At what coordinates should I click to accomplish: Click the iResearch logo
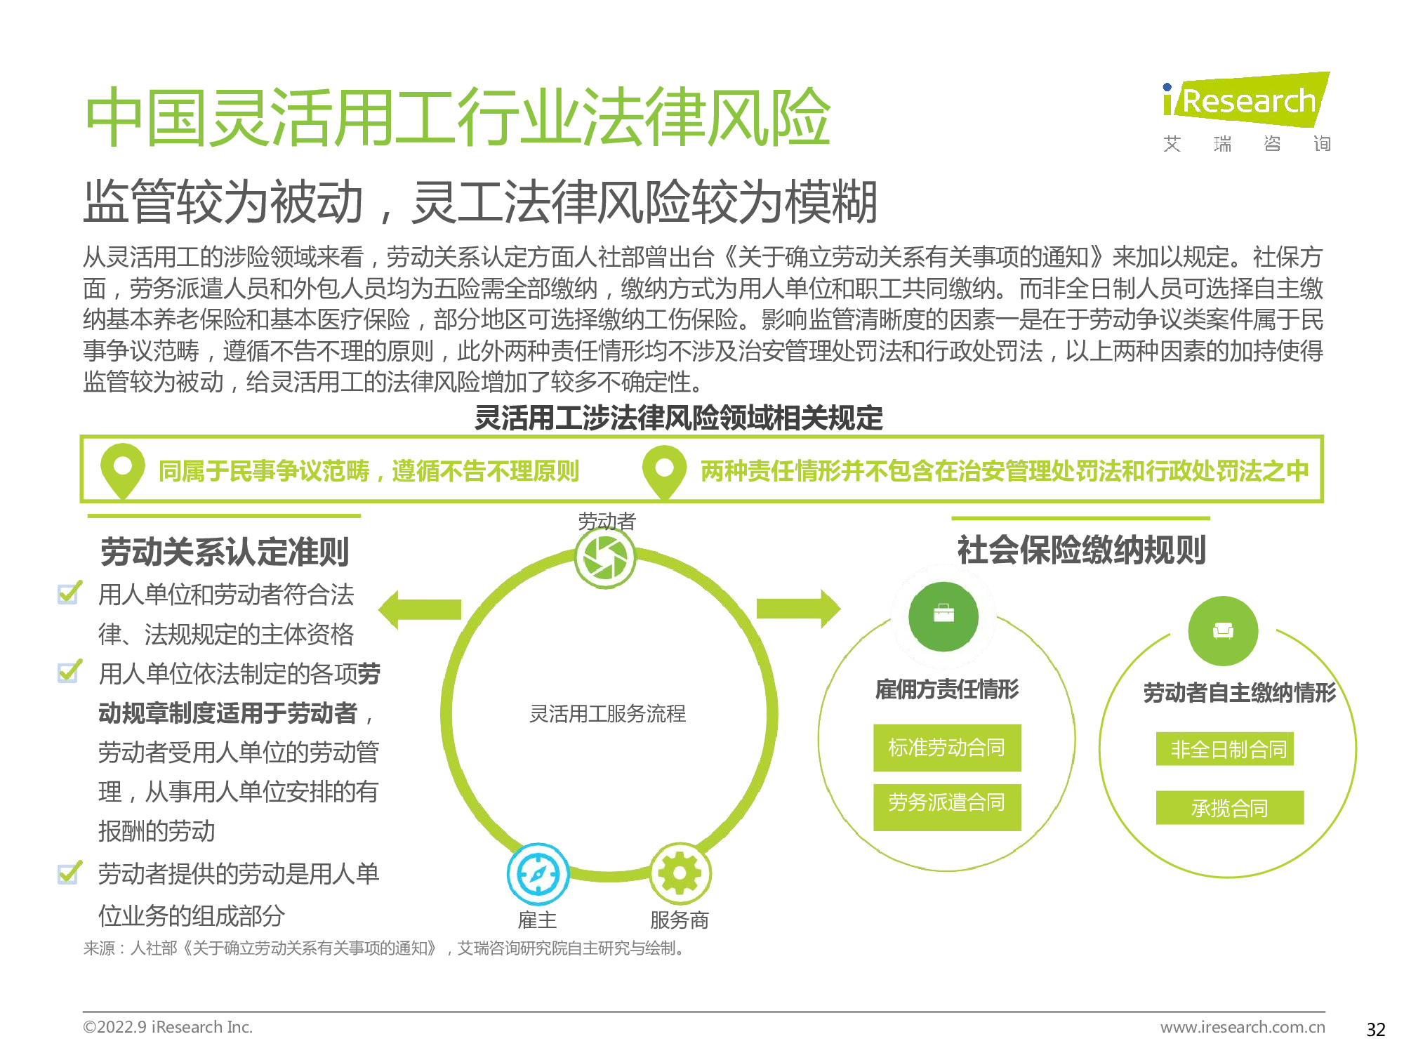pos(1246,112)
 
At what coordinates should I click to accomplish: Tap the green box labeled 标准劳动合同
pos(947,748)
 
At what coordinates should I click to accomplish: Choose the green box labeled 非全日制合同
pos(1225,749)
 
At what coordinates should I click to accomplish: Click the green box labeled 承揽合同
pos(1230,807)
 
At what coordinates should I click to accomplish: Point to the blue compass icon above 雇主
pos(538,874)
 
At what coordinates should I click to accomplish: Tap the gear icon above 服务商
pos(680,874)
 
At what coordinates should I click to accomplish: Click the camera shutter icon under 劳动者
pos(605,558)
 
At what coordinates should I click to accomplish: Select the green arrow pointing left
pos(420,609)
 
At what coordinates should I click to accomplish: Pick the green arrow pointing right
pos(799,608)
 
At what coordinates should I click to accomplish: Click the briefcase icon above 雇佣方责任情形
pos(943,616)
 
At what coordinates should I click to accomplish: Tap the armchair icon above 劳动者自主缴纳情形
pos(1223,630)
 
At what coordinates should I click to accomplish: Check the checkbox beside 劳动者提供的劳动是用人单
pos(69,873)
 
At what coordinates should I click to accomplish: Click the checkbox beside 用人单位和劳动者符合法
pos(69,592)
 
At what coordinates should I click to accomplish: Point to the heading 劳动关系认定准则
pos(225,552)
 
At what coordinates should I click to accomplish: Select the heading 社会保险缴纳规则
pos(1082,550)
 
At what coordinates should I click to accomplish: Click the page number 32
pos(1376,1029)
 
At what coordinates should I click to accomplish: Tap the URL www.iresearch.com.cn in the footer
pos(1243,1027)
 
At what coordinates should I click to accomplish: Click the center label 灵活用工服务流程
pos(607,714)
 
